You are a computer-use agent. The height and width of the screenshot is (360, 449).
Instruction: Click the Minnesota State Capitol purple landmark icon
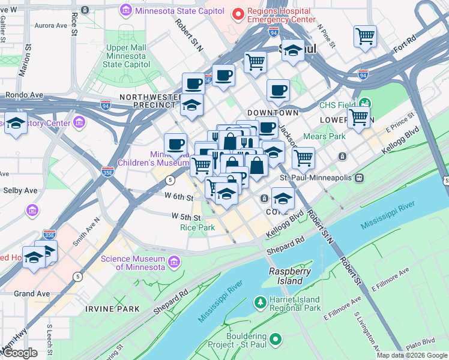click(126, 10)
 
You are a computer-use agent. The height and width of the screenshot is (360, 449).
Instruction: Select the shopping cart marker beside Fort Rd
click(365, 37)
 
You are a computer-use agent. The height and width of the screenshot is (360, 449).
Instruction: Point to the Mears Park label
click(329, 136)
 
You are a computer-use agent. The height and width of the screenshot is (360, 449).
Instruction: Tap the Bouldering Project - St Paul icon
click(276, 340)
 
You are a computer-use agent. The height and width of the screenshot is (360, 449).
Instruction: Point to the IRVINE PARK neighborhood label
click(112, 309)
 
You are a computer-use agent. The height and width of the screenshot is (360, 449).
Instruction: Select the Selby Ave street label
click(22, 190)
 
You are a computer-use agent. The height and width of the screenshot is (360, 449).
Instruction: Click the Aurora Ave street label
click(51, 26)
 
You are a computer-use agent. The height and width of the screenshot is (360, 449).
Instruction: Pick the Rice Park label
click(197, 227)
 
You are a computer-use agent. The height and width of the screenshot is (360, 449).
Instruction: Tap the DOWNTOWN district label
click(273, 113)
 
